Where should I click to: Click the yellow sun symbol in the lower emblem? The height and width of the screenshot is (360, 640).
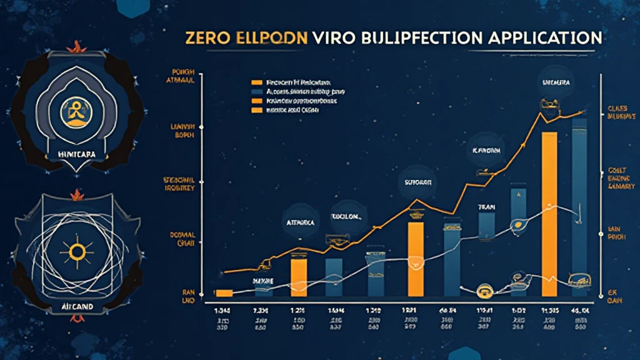77,252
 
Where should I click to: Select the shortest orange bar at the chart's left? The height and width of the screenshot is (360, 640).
223,292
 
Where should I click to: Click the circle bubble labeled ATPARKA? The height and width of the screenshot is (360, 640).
299,220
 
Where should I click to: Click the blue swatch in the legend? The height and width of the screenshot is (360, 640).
255,91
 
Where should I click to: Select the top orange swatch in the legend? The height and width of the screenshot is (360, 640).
255,82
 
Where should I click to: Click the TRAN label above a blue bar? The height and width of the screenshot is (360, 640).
486,206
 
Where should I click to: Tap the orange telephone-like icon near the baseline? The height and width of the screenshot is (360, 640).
483,290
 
